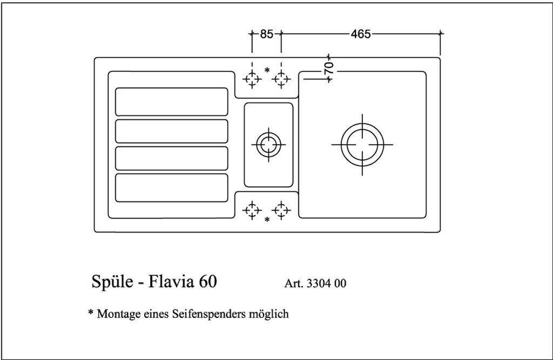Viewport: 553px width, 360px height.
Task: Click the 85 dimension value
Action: click(x=267, y=34)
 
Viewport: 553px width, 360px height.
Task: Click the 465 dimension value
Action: click(x=361, y=34)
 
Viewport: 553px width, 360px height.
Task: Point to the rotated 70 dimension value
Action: click(x=329, y=68)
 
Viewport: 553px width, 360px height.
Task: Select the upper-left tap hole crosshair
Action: click(x=252, y=79)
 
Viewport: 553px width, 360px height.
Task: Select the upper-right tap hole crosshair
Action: click(x=281, y=79)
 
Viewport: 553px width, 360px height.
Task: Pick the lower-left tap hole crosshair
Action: click(x=252, y=210)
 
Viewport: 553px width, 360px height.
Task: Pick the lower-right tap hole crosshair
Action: click(x=281, y=210)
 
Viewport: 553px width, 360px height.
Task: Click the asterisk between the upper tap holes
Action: click(x=267, y=70)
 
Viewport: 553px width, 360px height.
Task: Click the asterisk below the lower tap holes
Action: click(x=267, y=220)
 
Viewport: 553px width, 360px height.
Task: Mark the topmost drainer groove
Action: click(x=172, y=101)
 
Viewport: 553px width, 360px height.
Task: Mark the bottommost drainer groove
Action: click(x=172, y=188)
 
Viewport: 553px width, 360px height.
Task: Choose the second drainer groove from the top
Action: click(x=172, y=131)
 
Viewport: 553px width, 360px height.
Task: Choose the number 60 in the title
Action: click(x=208, y=281)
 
